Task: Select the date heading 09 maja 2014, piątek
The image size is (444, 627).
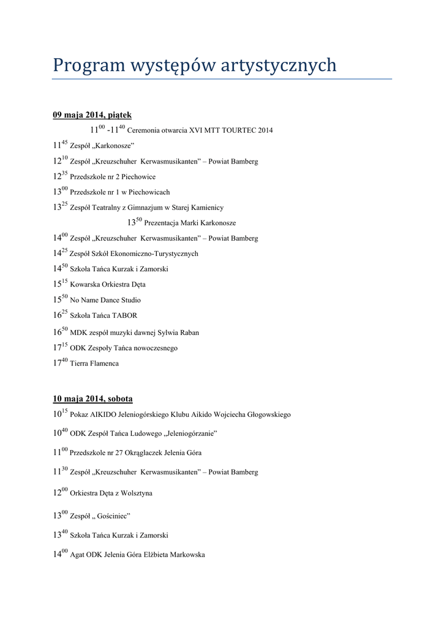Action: pos(92,115)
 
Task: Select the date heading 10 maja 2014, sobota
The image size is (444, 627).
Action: pos(92,399)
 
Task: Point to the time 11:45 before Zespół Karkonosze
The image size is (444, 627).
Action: pos(60,145)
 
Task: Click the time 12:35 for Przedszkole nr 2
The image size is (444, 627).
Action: pos(60,176)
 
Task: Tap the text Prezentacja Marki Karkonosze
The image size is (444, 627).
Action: pos(190,223)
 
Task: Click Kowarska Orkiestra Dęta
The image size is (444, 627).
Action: pos(108,285)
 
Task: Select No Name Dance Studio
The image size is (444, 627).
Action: pos(105,300)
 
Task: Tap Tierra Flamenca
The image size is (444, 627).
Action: pos(94,363)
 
